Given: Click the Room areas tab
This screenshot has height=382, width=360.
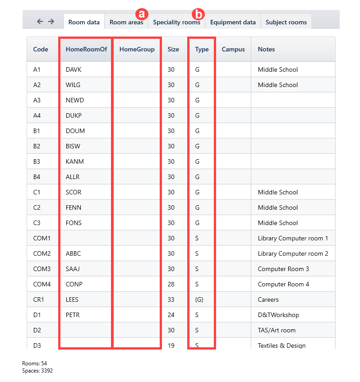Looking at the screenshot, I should coord(126,22).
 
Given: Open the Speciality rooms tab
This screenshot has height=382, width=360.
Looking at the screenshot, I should coord(176,22).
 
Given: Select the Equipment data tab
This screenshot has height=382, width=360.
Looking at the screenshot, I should coord(233,22).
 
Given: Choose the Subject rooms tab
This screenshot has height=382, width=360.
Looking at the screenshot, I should coord(286,22).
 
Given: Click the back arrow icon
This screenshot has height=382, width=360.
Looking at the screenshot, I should coord(40,22).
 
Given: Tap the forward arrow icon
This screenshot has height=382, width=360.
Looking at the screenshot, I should coord(51,22).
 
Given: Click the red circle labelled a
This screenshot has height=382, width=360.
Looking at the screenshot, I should coord(143,14).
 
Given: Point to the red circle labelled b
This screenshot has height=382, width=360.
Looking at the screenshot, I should coord(198,14).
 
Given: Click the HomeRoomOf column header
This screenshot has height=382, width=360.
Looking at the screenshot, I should coord(86,49).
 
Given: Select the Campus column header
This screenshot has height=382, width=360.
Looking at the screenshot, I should coord(233,49).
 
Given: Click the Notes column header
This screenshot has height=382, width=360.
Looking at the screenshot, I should coord(266,49).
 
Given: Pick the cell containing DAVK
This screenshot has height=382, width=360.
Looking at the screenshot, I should coord(74,69).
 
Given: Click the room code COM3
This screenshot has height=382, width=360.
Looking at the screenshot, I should coord(42,269).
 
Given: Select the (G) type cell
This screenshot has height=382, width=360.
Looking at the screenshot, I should coord(199,299).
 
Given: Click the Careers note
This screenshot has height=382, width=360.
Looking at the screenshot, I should coord(268,299).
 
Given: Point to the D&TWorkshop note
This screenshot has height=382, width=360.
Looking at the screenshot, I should coord(278,315).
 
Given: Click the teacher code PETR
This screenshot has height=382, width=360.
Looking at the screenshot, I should coord(73,315).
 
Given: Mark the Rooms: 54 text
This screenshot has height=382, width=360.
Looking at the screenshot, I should coord(35,363).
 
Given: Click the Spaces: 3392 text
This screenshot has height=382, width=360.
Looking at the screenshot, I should coord(37,370).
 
